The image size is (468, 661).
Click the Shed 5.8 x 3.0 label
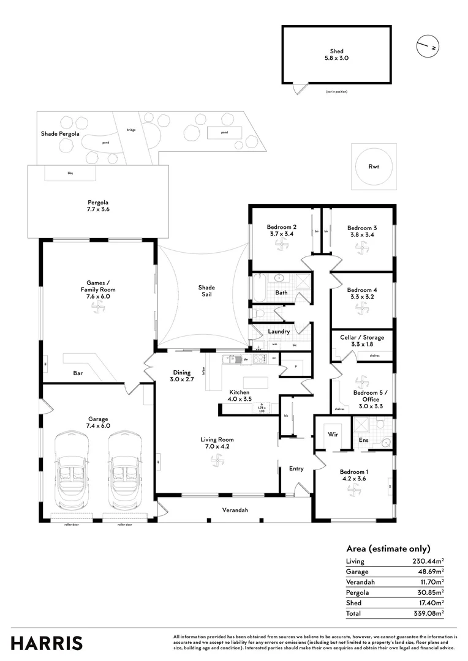336,55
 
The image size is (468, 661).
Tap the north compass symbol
426,45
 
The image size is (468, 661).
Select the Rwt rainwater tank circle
374,166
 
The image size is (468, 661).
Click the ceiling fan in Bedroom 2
282,245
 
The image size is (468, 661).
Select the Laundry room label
279,332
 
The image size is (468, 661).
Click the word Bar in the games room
78,372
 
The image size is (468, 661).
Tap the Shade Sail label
206,291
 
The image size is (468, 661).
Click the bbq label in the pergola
70,174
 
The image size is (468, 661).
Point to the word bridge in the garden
131,130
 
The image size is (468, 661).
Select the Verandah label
235,510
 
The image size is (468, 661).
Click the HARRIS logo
47,643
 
